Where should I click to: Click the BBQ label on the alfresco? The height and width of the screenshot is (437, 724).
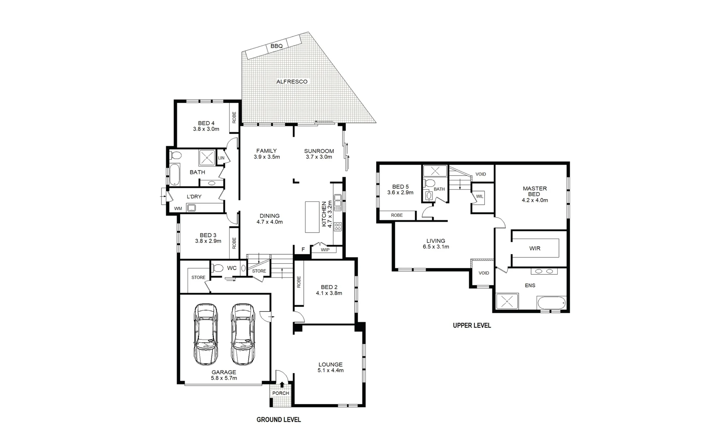click(277, 46)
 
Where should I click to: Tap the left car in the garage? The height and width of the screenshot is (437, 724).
click(205, 334)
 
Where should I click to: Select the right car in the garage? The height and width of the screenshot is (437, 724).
click(243, 334)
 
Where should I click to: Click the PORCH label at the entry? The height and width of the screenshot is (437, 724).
click(281, 393)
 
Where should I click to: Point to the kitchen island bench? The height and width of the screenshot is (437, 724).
click(312, 217)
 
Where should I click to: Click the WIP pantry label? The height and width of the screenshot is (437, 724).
click(325, 250)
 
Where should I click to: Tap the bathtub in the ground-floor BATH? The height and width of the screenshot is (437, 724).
click(174, 174)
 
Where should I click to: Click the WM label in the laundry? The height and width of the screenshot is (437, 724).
click(178, 208)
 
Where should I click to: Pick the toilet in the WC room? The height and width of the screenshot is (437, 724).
click(217, 268)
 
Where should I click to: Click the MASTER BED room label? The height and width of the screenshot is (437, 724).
click(534, 191)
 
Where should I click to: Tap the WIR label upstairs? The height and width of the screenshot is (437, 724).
click(534, 248)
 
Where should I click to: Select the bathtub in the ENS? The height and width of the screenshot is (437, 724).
click(551, 302)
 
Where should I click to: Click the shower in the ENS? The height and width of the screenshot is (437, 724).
click(505, 301)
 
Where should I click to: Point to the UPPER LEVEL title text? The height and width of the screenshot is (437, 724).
click(472, 325)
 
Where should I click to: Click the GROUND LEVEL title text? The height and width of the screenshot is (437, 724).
click(279, 420)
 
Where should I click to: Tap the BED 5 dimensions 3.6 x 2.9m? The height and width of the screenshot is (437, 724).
click(400, 193)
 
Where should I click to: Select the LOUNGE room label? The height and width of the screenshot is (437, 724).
click(330, 365)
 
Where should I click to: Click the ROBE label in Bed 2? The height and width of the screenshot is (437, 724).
click(299, 282)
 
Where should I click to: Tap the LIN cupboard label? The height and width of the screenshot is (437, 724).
click(221, 158)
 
